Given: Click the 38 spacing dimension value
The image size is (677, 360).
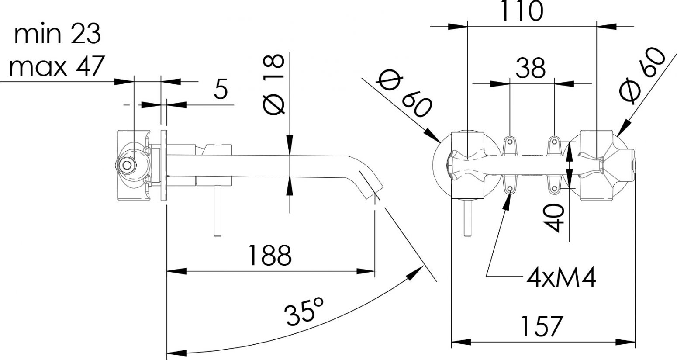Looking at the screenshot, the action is (x=531, y=68).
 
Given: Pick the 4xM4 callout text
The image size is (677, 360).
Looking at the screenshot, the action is (x=561, y=277).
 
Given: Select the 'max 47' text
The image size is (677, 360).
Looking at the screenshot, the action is (x=57, y=66).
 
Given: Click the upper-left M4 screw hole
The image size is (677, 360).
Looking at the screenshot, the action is (x=510, y=141).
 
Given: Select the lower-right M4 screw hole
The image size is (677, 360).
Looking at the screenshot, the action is (x=554, y=189).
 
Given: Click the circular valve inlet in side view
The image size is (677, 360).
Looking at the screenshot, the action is (x=127, y=165).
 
